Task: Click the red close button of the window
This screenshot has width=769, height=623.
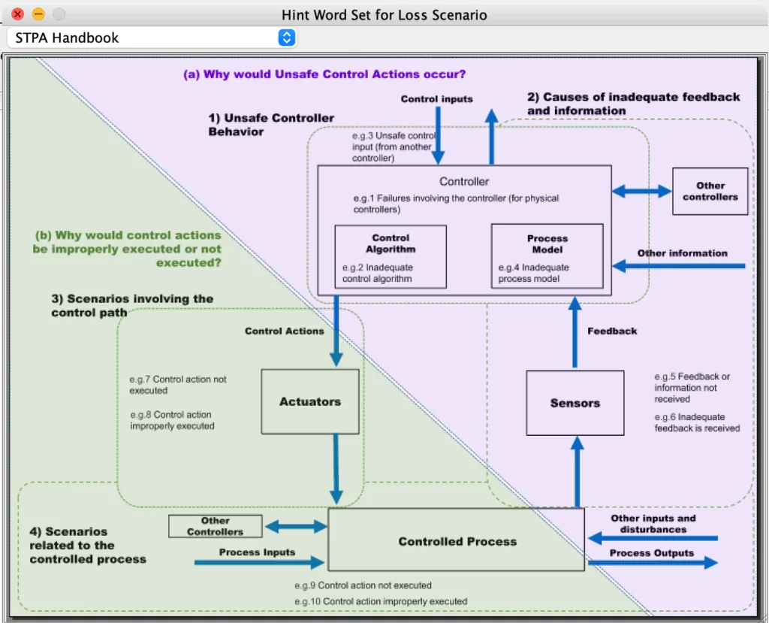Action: pyautogui.click(x=18, y=14)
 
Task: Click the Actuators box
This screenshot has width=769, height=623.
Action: pyautogui.click(x=310, y=401)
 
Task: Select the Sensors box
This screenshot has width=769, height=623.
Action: pyautogui.click(x=574, y=403)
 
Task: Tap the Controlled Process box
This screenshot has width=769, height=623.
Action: pyautogui.click(x=456, y=540)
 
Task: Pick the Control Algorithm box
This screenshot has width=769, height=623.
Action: pyautogui.click(x=391, y=257)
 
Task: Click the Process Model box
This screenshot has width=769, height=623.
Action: pyautogui.click(x=547, y=256)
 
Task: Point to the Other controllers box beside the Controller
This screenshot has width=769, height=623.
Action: pyautogui.click(x=710, y=191)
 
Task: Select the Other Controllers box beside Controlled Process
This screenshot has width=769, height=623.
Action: pyautogui.click(x=216, y=526)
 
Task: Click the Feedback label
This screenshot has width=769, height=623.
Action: pyautogui.click(x=612, y=331)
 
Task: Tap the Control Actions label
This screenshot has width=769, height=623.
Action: pyautogui.click(x=285, y=331)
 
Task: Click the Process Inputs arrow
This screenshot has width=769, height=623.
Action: pyautogui.click(x=259, y=563)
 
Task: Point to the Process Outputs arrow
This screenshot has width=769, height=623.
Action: pyautogui.click(x=653, y=563)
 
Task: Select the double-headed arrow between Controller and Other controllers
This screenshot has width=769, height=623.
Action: pyautogui.click(x=642, y=191)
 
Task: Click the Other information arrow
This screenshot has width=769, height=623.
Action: pyautogui.click(x=679, y=266)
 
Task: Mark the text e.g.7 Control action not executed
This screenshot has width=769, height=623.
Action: pyautogui.click(x=178, y=385)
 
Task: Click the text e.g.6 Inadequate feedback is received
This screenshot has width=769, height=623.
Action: pyautogui.click(x=697, y=422)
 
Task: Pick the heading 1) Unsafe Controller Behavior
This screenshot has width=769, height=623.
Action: pyautogui.click(x=271, y=125)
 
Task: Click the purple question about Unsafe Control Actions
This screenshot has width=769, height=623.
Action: pyautogui.click(x=324, y=74)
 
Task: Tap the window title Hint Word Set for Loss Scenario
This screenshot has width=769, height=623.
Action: pyautogui.click(x=384, y=15)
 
